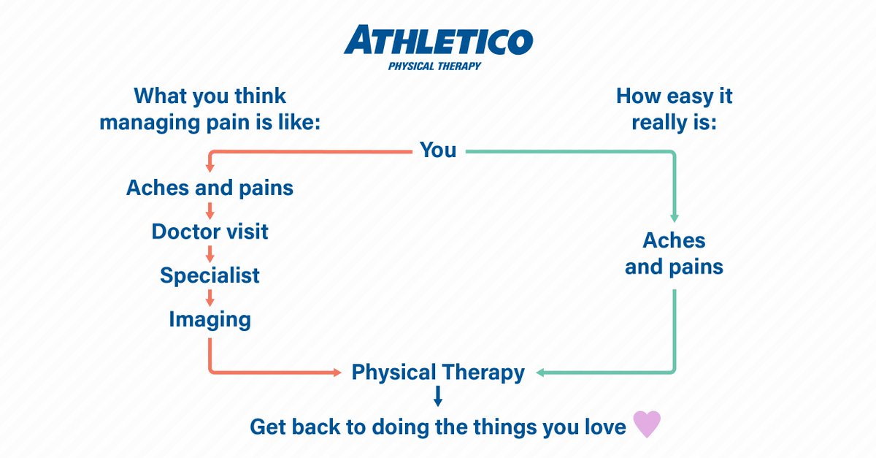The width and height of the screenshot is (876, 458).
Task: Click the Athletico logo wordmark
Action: coord(438,41)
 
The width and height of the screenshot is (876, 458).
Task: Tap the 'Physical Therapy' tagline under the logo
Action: coord(434,66)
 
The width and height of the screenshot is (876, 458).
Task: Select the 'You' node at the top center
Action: coord(438,150)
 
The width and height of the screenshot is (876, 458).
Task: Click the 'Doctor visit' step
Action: coord(210,232)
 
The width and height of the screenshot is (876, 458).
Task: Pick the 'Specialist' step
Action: coord(210,275)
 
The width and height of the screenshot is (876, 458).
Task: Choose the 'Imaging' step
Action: coord(210,319)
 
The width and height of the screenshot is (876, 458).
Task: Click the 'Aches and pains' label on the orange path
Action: coord(210,188)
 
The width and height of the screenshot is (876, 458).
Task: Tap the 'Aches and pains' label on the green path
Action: coord(674,253)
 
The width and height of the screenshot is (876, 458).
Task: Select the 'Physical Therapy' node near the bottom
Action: coord(438,373)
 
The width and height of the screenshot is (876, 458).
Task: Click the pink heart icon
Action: coord(646,424)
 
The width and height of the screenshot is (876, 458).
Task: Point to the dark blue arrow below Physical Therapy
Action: coord(438,397)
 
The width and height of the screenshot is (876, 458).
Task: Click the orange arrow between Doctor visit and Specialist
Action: coord(210,254)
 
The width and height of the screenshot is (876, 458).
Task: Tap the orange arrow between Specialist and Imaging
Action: coord(210,297)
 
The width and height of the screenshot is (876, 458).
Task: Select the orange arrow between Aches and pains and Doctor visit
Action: coord(210,210)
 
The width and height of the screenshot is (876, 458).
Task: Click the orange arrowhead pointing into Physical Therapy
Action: coord(337,373)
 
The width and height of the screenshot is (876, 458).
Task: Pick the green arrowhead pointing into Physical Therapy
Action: coord(540,373)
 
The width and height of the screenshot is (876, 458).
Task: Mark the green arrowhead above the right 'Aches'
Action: coord(674,218)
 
